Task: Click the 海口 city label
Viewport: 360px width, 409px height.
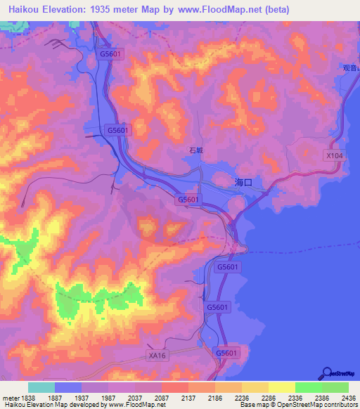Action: [243, 182]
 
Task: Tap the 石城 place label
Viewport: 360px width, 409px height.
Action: [196, 150]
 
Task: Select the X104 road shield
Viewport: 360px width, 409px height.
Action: [334, 155]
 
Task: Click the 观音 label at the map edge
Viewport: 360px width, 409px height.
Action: [352, 69]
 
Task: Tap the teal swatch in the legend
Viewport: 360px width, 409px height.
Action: [41, 387]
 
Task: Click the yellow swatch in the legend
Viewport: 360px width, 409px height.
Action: [281, 387]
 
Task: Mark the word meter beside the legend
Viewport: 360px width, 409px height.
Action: [8, 397]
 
